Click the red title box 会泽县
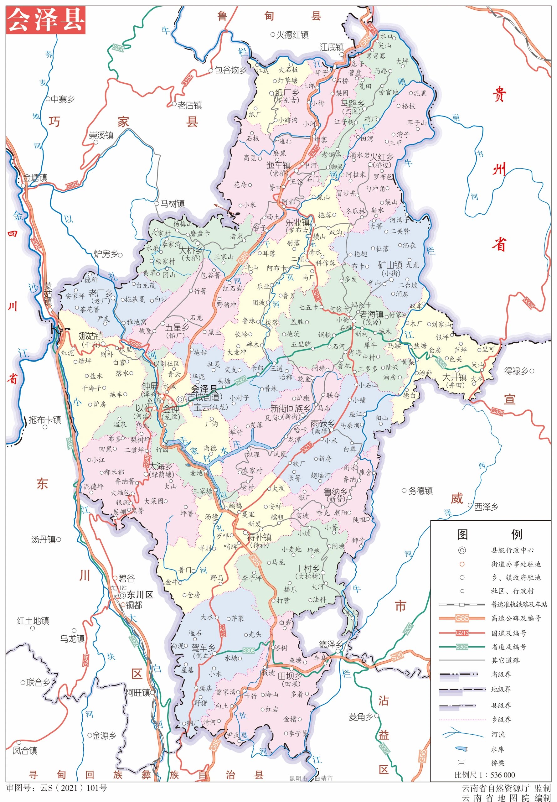(x=45, y=20)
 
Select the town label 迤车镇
(x=279, y=165)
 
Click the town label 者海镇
(x=371, y=314)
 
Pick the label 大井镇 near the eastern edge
(x=454, y=377)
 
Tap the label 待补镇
(x=259, y=537)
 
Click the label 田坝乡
(x=290, y=676)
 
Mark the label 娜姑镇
(x=91, y=336)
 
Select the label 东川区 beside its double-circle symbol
(x=140, y=595)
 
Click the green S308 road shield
(x=249, y=650)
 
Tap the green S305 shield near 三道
(x=241, y=380)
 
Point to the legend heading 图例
(x=489, y=534)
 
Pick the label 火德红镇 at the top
(x=292, y=34)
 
